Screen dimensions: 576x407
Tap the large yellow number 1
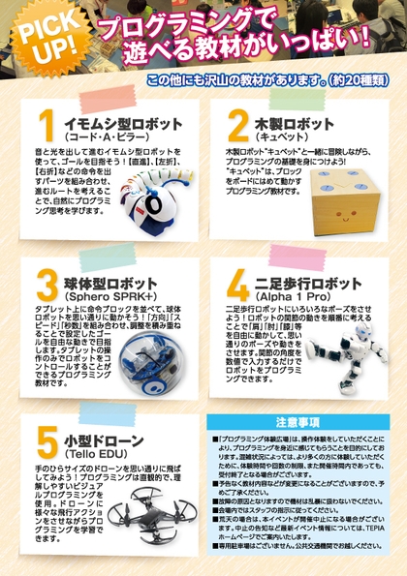tap(44, 131)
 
